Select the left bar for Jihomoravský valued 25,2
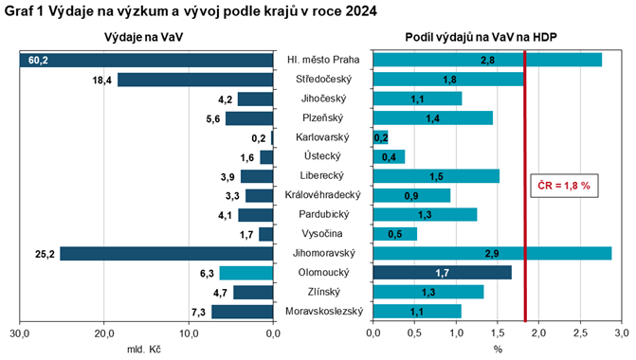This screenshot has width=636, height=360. tap(167, 254)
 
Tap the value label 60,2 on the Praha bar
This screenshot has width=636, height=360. tap(38, 60)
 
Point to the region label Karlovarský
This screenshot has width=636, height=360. tap(322, 137)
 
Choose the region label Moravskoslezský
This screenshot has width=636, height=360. tap(322, 312)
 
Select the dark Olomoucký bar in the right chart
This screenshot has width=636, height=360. tap(443, 273)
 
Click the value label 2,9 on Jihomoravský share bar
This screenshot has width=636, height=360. tap(491, 254)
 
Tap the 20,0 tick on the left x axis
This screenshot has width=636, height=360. tap(104, 333)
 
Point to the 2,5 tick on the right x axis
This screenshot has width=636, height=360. tap(580, 333)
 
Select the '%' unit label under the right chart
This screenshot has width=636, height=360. tap(497, 350)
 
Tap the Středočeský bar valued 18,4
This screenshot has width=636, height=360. tap(195, 80)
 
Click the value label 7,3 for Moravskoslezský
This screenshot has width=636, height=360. tap(199, 312)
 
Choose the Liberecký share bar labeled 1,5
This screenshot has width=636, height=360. tap(436, 176)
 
